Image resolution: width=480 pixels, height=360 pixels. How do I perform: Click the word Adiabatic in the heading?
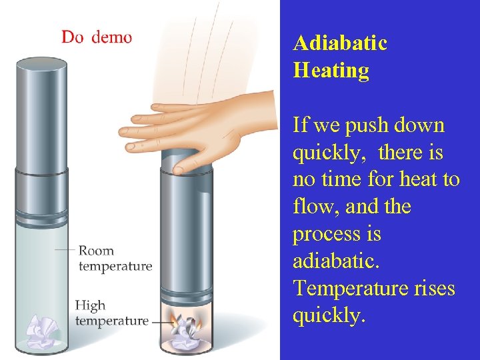pos(340,43)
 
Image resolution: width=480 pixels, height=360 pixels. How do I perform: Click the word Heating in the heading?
pos(331,71)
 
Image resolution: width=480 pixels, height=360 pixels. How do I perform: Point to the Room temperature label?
pos(115,259)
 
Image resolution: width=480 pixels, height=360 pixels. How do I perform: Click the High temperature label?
pos(111,313)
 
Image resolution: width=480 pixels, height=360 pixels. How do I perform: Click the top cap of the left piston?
pos(41,65)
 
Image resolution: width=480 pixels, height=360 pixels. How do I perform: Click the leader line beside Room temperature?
pos(65,250)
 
